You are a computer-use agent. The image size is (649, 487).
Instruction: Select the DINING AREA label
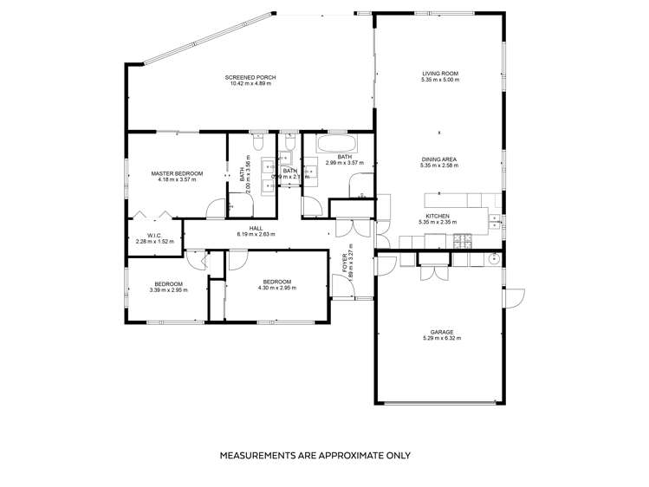point(439,159)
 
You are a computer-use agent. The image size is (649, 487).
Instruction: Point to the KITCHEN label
point(438,216)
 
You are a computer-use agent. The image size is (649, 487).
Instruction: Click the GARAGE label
point(441,332)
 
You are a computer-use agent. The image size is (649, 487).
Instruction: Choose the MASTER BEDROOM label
point(177,173)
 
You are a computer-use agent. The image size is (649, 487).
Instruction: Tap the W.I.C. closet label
point(155,235)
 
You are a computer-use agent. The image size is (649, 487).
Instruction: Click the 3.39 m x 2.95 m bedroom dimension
point(168,290)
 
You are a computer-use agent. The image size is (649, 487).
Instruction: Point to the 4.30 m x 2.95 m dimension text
point(276,289)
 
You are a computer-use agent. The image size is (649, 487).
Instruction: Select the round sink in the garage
point(495,258)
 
